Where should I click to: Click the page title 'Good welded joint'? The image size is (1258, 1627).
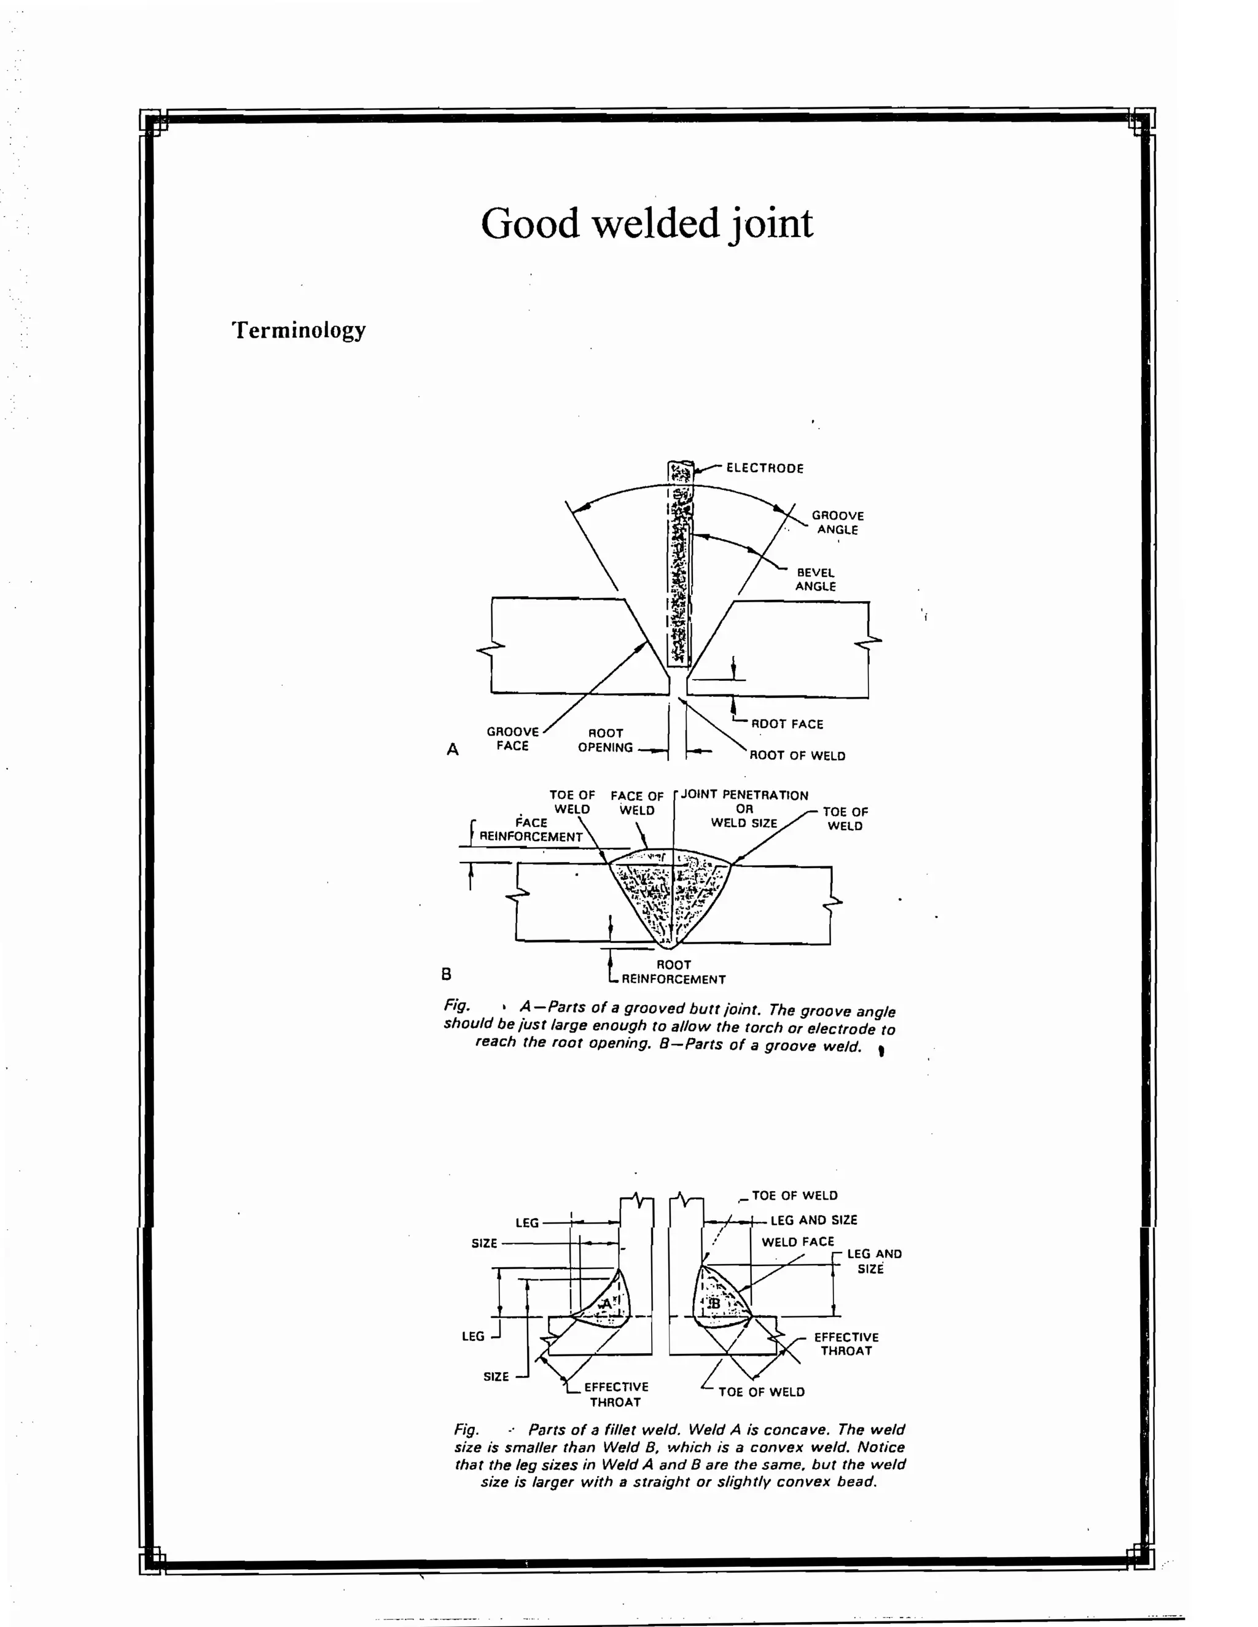coord(646,223)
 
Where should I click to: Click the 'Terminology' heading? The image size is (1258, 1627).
coord(299,330)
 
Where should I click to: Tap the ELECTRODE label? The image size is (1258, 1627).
coord(765,468)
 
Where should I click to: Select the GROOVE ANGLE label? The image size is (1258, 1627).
coord(838,522)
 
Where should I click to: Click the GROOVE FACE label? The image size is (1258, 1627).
coord(513,738)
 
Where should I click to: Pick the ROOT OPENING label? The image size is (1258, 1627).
coord(605,740)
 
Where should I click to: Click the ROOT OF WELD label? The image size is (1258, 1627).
coord(797,755)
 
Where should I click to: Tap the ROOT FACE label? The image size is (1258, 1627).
coord(787,724)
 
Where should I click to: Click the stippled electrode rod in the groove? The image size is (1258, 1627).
coord(680,566)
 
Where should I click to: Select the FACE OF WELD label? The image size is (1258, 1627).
coord(636,803)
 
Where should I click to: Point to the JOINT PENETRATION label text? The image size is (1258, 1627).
coord(744,795)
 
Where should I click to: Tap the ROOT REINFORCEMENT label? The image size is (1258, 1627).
coord(673,972)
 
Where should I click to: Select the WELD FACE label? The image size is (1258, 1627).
coord(797,1242)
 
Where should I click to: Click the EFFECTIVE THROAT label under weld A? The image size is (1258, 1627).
coord(615,1394)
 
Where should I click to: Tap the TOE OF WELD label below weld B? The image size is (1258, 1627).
coord(761,1392)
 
